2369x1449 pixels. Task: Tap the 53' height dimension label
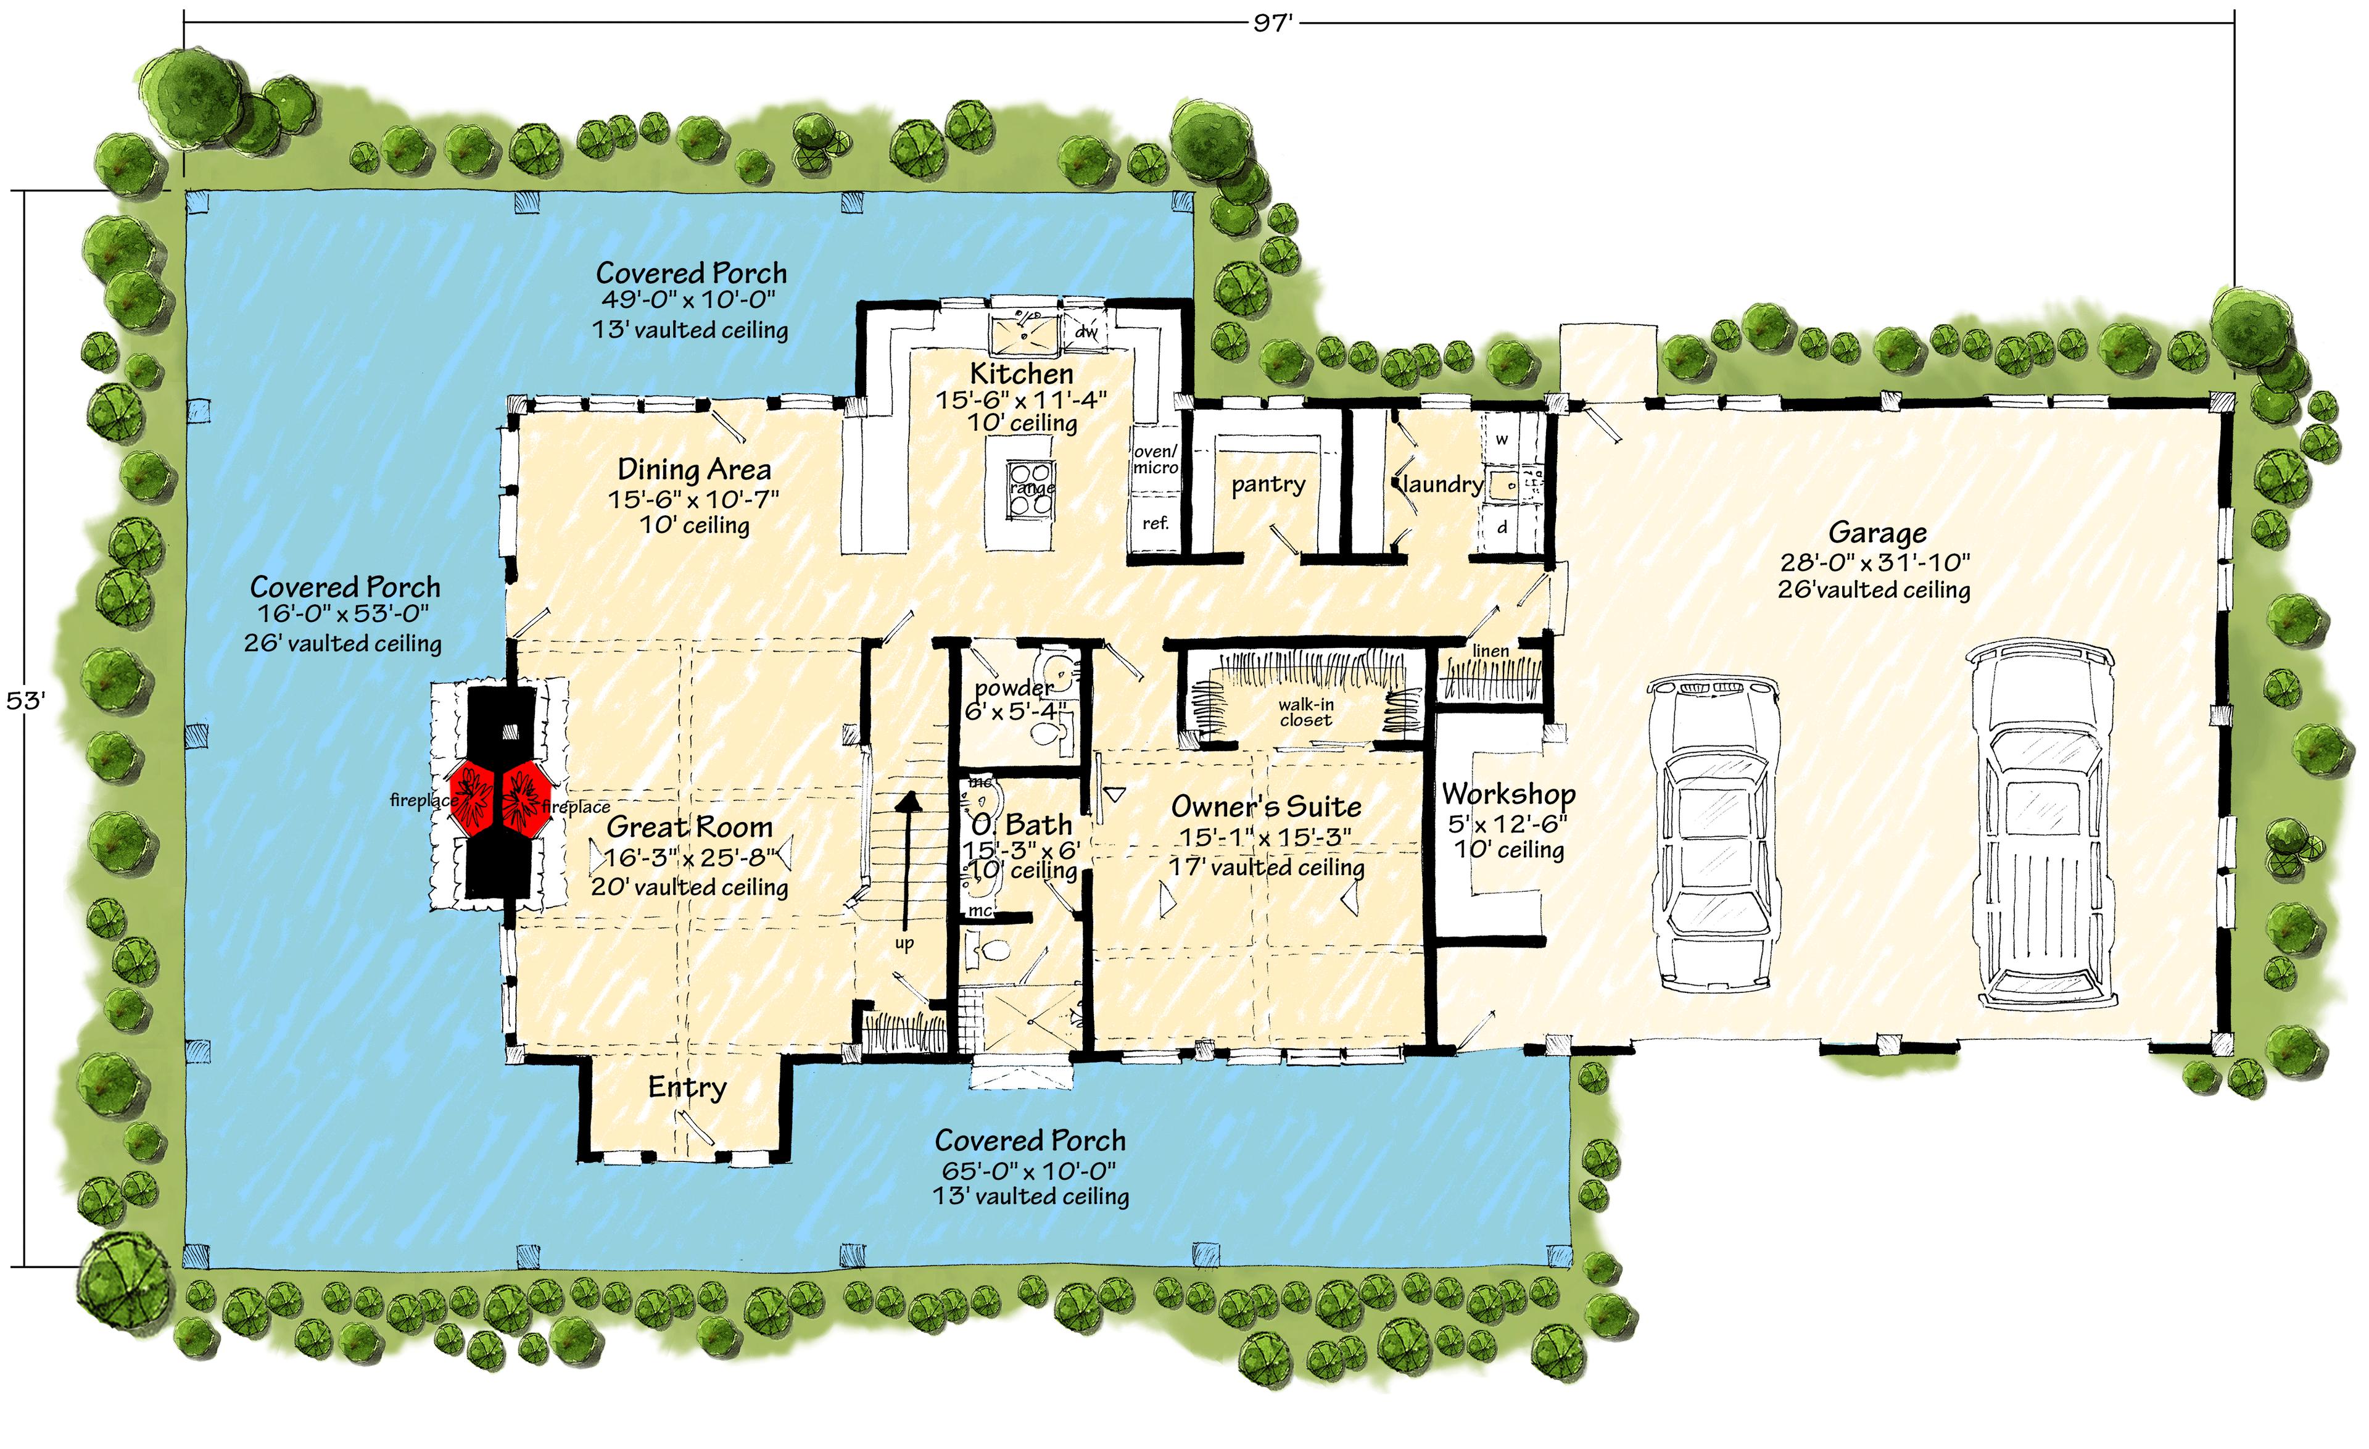tap(26, 700)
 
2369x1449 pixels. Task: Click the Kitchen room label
tap(1021, 373)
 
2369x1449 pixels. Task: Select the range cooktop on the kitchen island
tap(1032, 489)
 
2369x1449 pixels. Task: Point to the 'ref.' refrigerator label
tap(1156, 523)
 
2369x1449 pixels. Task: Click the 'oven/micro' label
tap(1155, 460)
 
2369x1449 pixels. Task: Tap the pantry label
tap(1268, 484)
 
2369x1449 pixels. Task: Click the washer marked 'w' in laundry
tap(1502, 439)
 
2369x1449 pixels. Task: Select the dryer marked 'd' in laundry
tap(1502, 527)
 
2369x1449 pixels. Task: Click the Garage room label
tap(1877, 532)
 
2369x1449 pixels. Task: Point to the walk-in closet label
tap(1305, 712)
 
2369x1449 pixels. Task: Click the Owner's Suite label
tap(1265, 806)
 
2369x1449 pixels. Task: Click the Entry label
tap(687, 1087)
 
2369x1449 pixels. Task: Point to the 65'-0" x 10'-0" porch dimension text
tap(1029, 1170)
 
